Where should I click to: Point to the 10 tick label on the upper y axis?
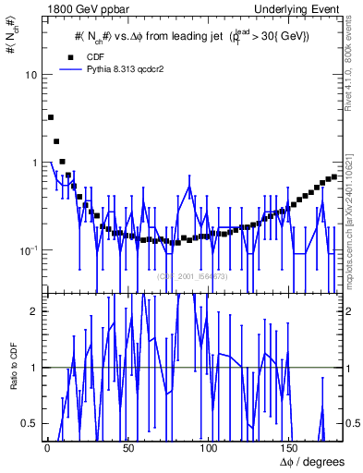(30, 75)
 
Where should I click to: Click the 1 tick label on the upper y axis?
(33, 163)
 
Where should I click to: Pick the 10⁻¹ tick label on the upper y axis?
(28, 249)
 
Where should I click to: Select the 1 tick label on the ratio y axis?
(33, 368)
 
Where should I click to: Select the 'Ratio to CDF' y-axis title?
(12, 380)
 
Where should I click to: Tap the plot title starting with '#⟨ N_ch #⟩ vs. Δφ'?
(192, 37)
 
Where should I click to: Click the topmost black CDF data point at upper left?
(51, 117)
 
